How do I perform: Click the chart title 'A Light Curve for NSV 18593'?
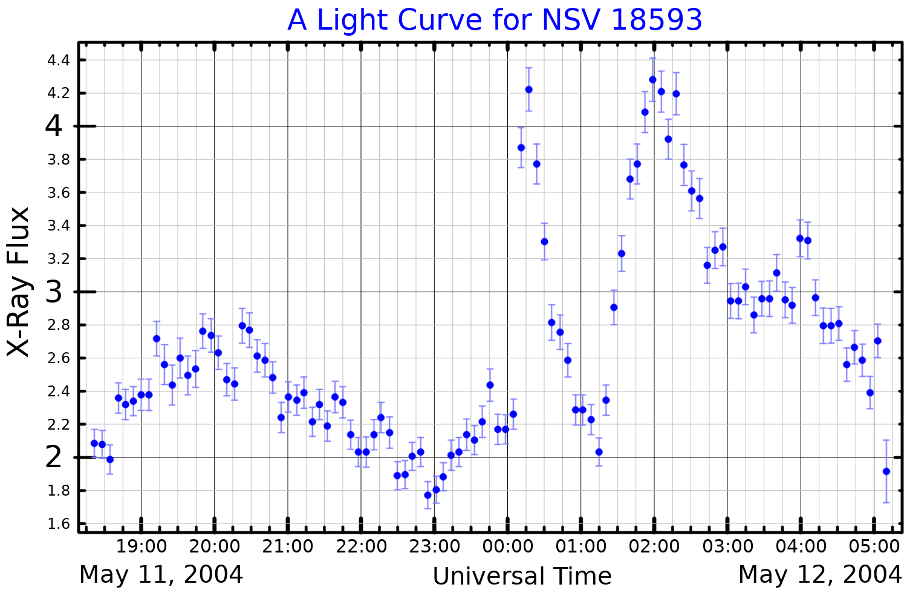(495, 21)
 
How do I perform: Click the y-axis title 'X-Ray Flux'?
(18, 282)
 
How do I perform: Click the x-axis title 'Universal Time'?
(522, 576)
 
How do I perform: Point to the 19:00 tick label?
(141, 546)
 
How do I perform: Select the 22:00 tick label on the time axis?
(361, 546)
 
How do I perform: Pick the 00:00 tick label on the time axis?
(507, 546)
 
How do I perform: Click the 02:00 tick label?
(654, 546)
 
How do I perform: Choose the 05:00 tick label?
(874, 546)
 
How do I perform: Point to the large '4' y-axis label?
(54, 126)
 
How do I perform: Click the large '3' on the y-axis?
(54, 292)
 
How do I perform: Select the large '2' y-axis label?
(54, 457)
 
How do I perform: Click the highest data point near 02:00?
(652, 80)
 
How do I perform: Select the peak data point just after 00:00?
(528, 90)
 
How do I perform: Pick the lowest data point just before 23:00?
(428, 495)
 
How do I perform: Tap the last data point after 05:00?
(886, 471)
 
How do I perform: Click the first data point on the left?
(94, 443)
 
